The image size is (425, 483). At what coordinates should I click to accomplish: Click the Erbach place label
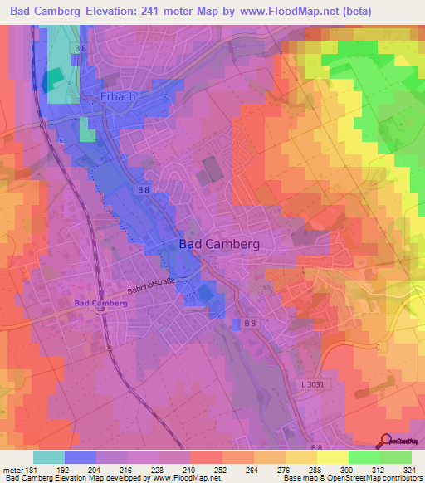coord(117,97)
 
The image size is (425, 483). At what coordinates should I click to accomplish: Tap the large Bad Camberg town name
coord(219,244)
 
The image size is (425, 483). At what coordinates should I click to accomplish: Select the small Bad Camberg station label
coord(100,303)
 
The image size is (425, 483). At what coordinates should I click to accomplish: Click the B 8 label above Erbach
coord(80,49)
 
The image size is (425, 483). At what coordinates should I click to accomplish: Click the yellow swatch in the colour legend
coord(332,457)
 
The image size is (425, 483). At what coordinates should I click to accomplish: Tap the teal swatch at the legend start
coord(49,457)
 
